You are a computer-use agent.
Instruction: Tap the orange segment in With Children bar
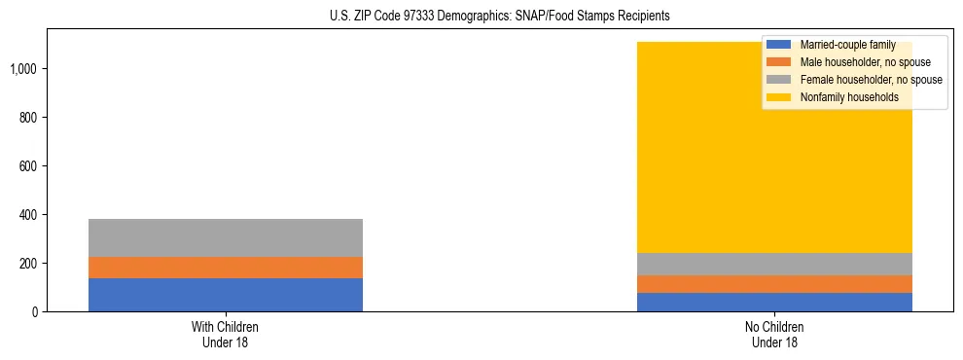[x=226, y=268]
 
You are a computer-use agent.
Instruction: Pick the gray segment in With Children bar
[x=226, y=237]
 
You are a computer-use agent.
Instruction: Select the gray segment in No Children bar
[x=775, y=264]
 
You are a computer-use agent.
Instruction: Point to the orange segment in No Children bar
[x=775, y=284]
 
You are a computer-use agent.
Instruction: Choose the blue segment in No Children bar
[x=775, y=302]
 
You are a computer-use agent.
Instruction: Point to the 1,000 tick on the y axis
[x=24, y=69]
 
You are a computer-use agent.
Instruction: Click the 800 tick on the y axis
[x=29, y=118]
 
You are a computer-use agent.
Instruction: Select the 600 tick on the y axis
[x=29, y=166]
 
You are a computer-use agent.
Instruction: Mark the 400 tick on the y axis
[x=29, y=215]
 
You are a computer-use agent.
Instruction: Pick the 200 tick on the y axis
[x=29, y=264]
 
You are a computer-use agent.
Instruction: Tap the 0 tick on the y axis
[x=35, y=312]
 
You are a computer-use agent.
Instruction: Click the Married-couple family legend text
[x=848, y=45]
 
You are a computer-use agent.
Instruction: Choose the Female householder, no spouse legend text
[x=871, y=80]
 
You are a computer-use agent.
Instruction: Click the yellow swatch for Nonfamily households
[x=780, y=97]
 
